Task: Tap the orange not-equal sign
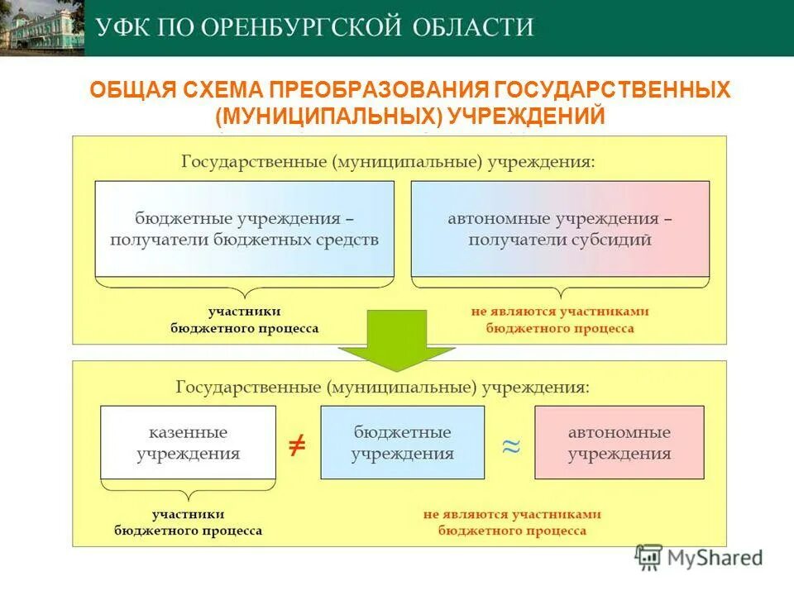tap(296, 445)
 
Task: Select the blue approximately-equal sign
tap(511, 445)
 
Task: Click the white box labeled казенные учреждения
tap(188, 443)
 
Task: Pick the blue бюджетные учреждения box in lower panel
tap(402, 443)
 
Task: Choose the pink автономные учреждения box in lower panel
tap(619, 443)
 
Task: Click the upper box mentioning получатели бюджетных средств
tap(244, 229)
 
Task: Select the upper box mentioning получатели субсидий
tap(560, 229)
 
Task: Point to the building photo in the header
tap(41, 27)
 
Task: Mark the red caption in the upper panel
tap(560, 320)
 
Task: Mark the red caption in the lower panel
tap(512, 522)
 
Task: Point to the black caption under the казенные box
tap(188, 522)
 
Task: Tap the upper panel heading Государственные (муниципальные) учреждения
tap(387, 160)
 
